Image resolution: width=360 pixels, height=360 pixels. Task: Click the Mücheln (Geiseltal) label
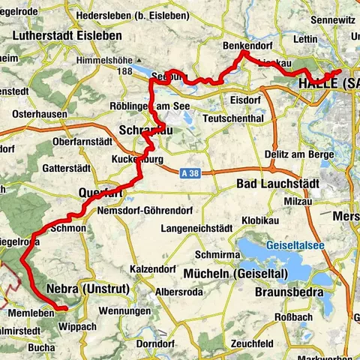pos(226,272)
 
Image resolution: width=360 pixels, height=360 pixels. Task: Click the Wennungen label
pos(124,310)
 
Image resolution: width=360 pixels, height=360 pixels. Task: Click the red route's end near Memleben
pos(66,307)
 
